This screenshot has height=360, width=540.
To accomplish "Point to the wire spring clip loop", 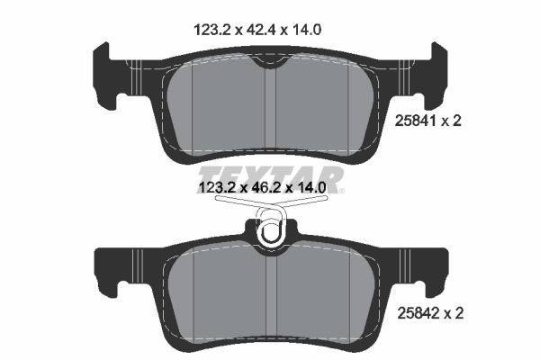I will [x=271, y=232].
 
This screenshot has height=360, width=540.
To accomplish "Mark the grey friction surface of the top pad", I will [x=216, y=103].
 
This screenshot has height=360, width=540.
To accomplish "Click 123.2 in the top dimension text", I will [x=214, y=29].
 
